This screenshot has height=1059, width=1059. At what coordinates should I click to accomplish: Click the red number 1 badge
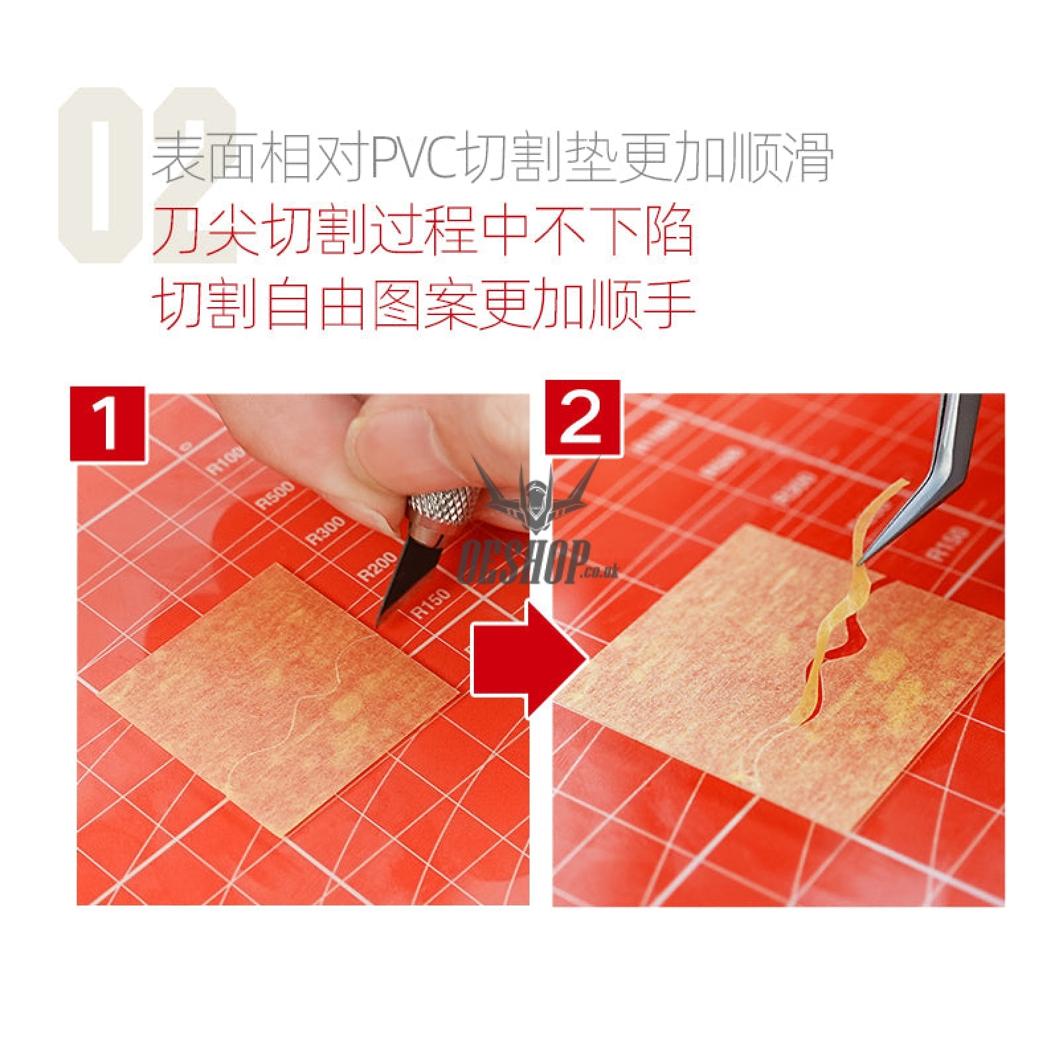point(107,424)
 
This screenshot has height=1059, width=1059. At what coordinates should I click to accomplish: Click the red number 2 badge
point(582,417)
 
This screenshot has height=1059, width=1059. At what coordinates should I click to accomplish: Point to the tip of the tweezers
point(862,562)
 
